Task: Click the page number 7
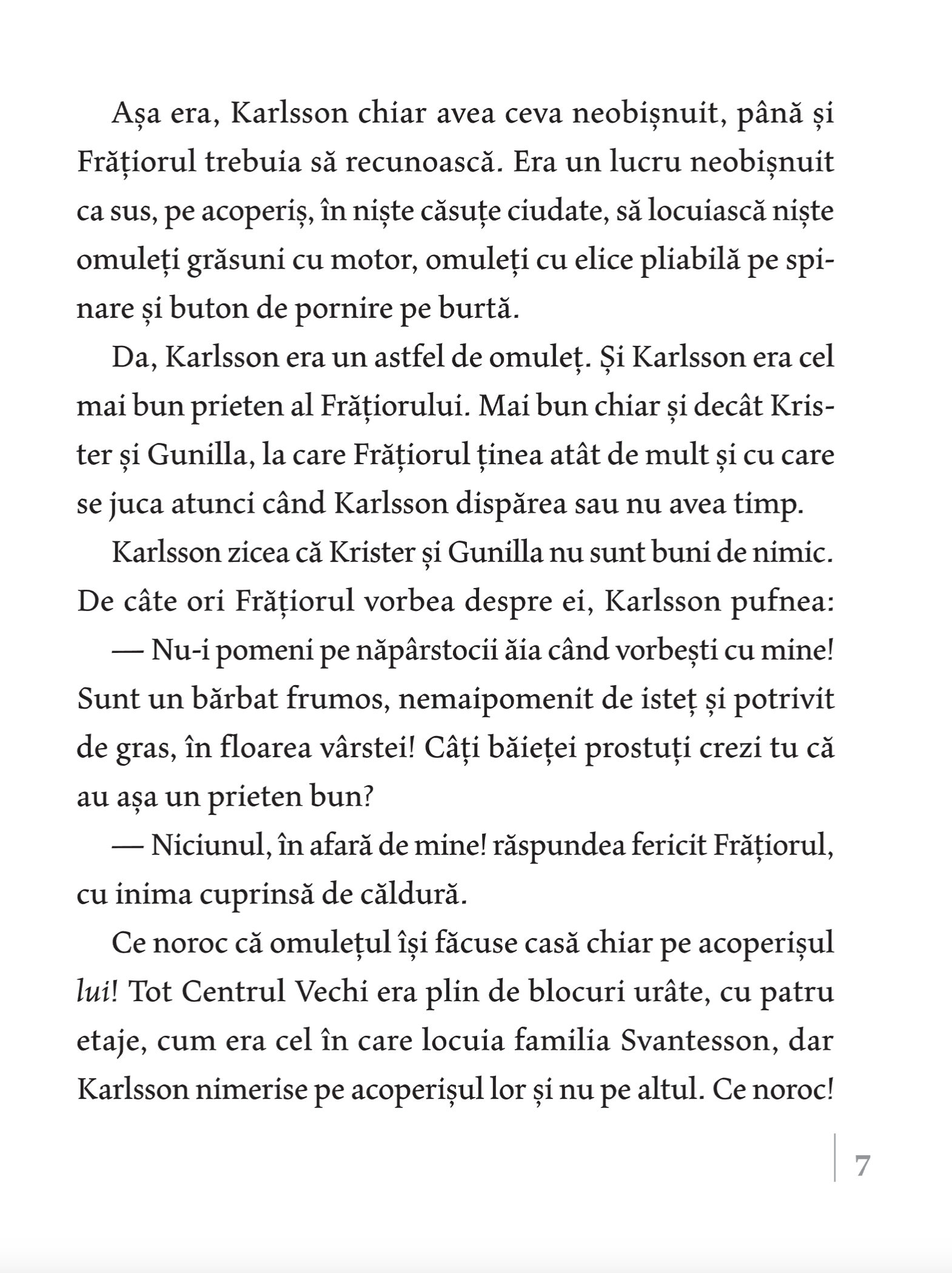tap(862, 1167)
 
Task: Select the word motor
tap(374, 262)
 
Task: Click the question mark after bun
tap(366, 797)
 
